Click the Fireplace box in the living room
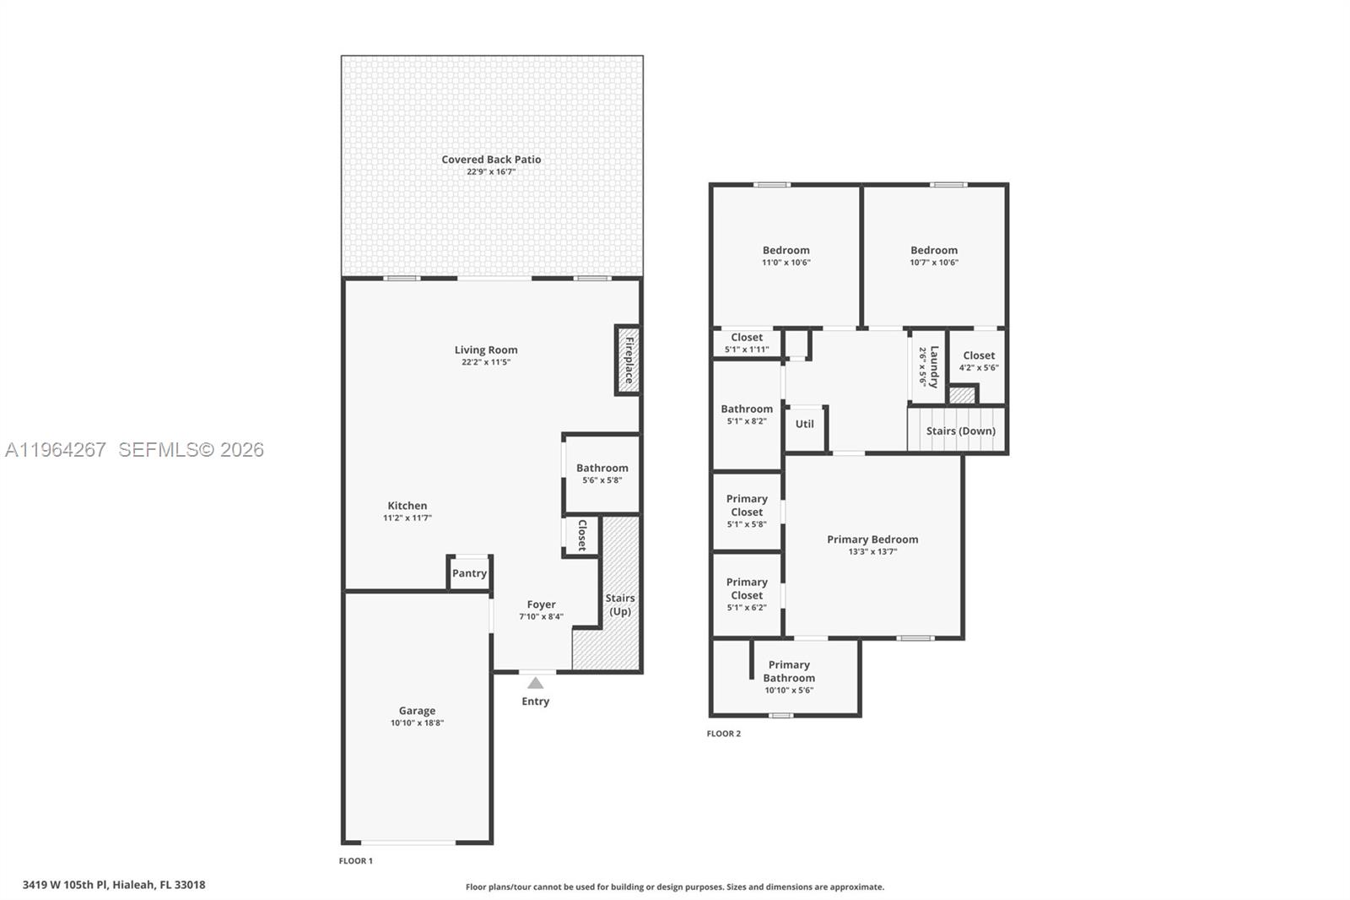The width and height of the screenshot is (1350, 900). [627, 361]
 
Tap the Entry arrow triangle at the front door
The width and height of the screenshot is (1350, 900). [535, 683]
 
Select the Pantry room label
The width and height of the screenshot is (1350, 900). [469, 573]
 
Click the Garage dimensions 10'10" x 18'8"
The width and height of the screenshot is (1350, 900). [417, 723]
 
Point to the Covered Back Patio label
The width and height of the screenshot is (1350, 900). [491, 160]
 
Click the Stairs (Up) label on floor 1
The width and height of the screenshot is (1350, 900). [620, 605]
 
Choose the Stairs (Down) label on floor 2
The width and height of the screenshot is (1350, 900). [960, 431]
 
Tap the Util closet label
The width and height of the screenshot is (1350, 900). [805, 424]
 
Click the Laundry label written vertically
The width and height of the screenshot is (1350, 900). [933, 366]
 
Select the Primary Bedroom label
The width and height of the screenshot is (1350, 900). [872, 539]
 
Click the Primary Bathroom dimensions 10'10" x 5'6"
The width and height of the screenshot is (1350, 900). [789, 690]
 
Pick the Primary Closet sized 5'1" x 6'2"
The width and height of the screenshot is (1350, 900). [747, 594]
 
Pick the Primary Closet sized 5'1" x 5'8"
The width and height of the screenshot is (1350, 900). [747, 510]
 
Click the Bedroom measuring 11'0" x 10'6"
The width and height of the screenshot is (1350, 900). [786, 255]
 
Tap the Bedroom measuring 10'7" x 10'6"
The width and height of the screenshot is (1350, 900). [934, 255]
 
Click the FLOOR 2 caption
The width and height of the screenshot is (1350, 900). [724, 734]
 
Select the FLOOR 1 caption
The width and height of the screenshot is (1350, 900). [355, 861]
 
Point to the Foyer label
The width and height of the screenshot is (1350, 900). [541, 605]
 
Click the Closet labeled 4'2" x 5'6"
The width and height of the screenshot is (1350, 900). [979, 361]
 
